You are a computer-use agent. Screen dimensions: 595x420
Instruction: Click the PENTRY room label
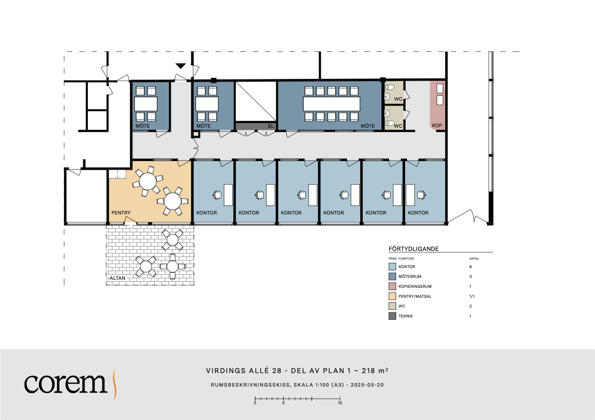pyautogui.click(x=121, y=213)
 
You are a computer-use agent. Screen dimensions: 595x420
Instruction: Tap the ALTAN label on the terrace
pyautogui.click(x=117, y=278)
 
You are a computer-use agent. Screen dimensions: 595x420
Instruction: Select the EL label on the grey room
pyautogui.click(x=271, y=126)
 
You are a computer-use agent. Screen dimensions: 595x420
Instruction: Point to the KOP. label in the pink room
pyautogui.click(x=437, y=125)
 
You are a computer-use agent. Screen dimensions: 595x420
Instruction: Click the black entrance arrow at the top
pyautogui.click(x=181, y=66)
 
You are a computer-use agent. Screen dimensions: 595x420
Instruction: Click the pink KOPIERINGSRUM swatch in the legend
pyautogui.click(x=392, y=286)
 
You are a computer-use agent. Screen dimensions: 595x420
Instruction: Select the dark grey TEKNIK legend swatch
pyautogui.click(x=392, y=316)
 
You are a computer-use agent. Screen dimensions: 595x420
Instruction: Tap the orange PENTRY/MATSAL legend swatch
pyautogui.click(x=392, y=296)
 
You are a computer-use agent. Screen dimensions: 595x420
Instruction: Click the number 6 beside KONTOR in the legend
pyautogui.click(x=471, y=267)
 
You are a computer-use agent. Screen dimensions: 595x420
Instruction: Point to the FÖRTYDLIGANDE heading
pyautogui.click(x=414, y=249)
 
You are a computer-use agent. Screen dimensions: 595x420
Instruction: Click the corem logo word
pyautogui.click(x=65, y=383)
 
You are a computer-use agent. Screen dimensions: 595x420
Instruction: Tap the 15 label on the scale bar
pyautogui.click(x=340, y=403)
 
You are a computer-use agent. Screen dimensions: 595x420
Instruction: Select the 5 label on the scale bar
pyautogui.click(x=283, y=403)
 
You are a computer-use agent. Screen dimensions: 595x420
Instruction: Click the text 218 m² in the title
pyautogui.click(x=375, y=371)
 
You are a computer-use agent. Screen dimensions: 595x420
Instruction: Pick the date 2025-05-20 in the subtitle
pyautogui.click(x=367, y=385)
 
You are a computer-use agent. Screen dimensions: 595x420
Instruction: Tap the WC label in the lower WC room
pyautogui.click(x=398, y=126)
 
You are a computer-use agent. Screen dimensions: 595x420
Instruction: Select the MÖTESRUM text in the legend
pyautogui.click(x=410, y=276)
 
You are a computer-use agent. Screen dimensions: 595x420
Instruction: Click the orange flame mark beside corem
pyautogui.click(x=114, y=384)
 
